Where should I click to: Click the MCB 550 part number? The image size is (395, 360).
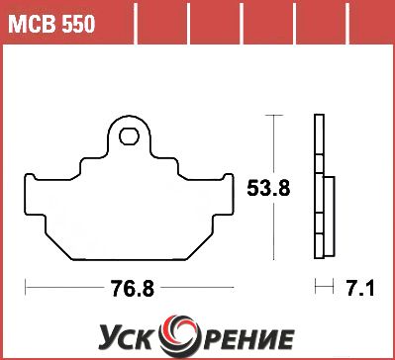coord(51,24)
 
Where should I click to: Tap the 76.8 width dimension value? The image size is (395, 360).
coord(133,288)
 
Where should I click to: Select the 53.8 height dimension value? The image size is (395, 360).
coord(268,189)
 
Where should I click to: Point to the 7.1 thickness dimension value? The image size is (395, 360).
coord(360,288)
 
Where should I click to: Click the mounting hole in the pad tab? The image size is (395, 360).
coord(129,136)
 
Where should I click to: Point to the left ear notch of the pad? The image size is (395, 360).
coord(31,177)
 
